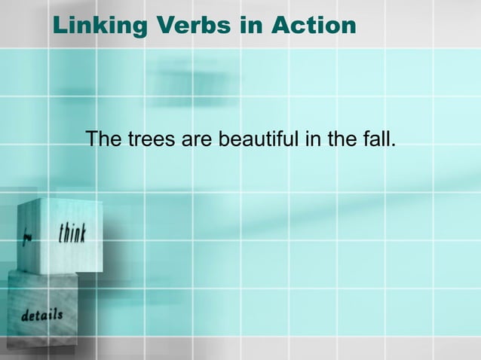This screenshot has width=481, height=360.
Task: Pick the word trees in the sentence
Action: pyautogui.click(x=149, y=139)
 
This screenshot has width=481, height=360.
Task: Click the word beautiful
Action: pyautogui.click(x=257, y=139)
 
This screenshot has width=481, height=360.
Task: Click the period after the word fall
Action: pyautogui.click(x=392, y=145)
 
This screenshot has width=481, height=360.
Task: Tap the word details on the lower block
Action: pyautogui.click(x=41, y=314)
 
